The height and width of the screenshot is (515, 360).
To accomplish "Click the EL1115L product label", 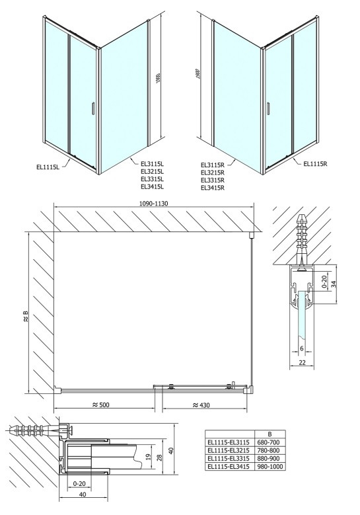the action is [x=48, y=167].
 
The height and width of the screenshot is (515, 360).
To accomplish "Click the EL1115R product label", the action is [x=315, y=163].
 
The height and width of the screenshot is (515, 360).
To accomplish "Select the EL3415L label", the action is [x=153, y=186].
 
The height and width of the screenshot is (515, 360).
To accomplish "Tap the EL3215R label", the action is [x=213, y=173].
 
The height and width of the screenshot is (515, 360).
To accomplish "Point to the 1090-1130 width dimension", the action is [x=154, y=204].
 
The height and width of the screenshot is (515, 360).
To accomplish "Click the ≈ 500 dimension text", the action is [x=101, y=405].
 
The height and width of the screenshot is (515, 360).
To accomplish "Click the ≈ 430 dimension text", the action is [x=201, y=405].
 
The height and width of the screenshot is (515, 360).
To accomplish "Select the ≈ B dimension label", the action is [x=26, y=317].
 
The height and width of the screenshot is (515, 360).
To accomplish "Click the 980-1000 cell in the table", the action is [x=270, y=466].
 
